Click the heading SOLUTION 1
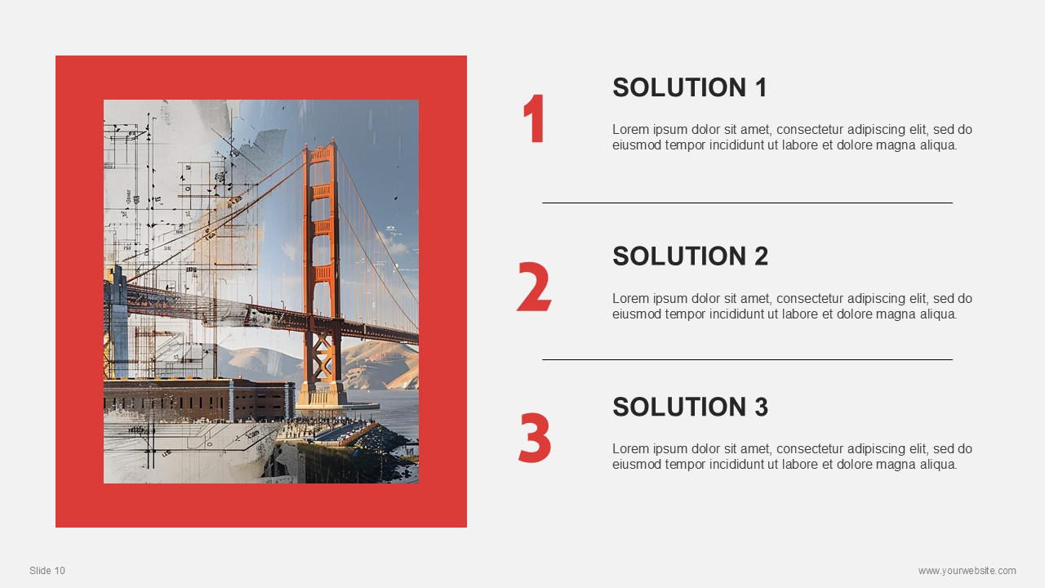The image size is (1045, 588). tap(690, 87)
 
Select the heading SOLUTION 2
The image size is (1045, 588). tap(690, 256)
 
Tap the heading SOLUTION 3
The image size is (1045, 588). tap(690, 407)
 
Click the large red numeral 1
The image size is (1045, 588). tap(534, 118)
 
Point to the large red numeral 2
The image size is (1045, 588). tap(534, 287)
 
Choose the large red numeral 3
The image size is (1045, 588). tap(535, 438)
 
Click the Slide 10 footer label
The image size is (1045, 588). tap(47, 570)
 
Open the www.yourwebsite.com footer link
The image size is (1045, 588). tap(967, 570)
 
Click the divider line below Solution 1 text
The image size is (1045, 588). tap(747, 203)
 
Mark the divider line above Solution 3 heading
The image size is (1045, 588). tap(747, 360)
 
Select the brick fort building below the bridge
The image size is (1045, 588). tap(199, 399)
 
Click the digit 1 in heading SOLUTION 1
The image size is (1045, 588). tap(762, 87)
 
